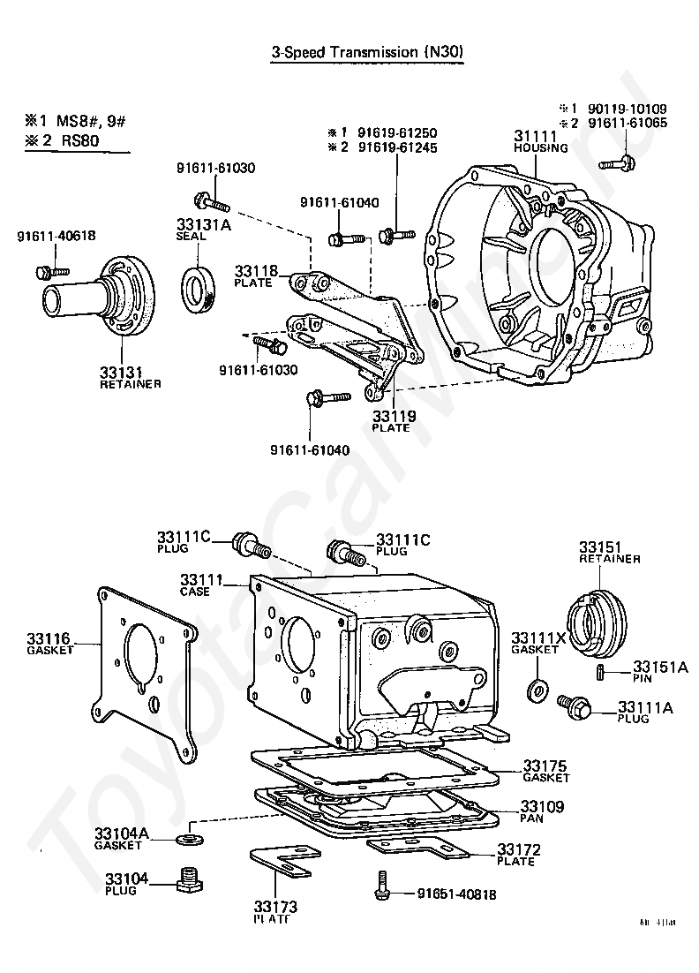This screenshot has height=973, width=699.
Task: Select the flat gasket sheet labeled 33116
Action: click(x=145, y=671)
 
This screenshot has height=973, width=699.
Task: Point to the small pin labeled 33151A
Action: click(x=599, y=674)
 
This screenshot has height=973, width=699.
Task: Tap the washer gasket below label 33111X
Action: click(x=536, y=689)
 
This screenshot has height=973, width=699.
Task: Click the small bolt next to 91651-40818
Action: click(x=381, y=885)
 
